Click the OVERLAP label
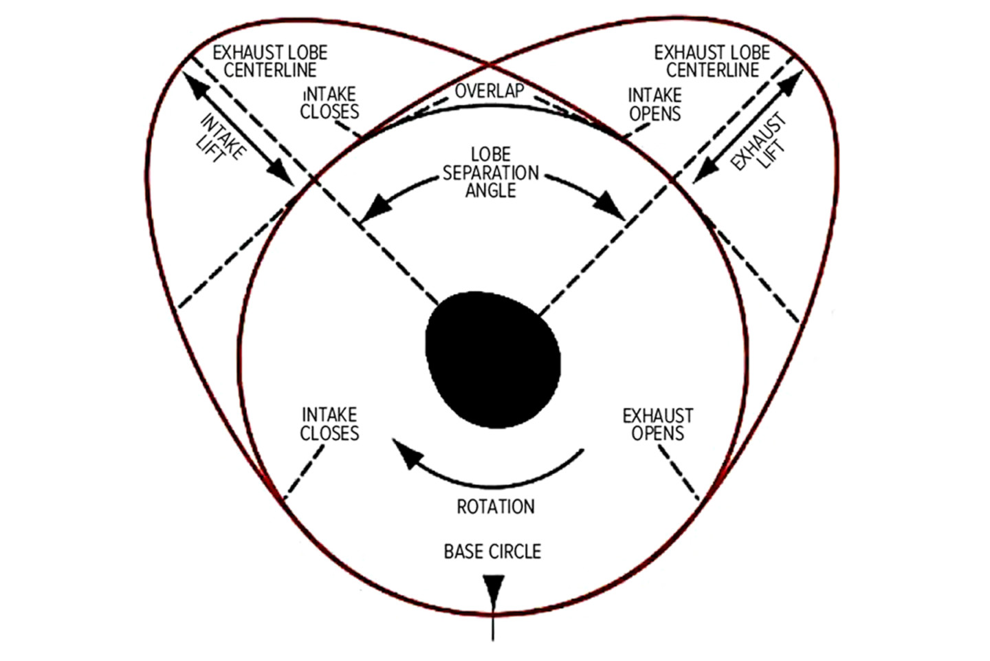tap(489, 91)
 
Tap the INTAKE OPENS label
tap(655, 105)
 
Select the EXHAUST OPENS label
tap(658, 424)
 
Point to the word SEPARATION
tap(491, 173)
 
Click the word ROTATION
tap(496, 507)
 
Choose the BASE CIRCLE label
tap(492, 552)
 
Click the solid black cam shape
tap(493, 360)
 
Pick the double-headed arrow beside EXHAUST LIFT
tap(747, 127)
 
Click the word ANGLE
tap(491, 191)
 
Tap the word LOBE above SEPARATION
tap(491, 154)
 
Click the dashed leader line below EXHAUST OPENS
tap(679, 473)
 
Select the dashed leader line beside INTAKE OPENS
tap(637, 131)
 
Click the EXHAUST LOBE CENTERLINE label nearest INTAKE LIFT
tap(270, 61)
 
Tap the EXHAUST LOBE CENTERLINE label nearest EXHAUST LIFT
tap(712, 61)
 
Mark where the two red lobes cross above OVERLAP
tap(489, 65)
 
